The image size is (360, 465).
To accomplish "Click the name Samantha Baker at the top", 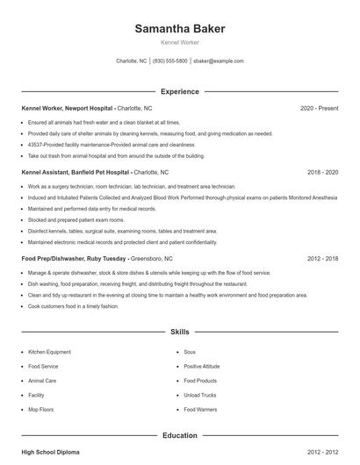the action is (180, 29).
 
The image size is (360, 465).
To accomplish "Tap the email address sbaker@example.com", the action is (218, 61).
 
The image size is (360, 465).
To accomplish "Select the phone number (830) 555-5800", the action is (170, 61).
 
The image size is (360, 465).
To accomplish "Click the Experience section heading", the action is (180, 91).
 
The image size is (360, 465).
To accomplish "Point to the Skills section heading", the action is (180, 333).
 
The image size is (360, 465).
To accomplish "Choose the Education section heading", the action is (180, 435).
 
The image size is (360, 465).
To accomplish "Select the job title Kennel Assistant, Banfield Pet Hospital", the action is (78, 173).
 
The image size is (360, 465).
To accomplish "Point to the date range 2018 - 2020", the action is (323, 173).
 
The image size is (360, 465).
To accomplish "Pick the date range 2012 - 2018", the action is (323, 259).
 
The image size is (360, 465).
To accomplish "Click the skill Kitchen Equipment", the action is (49, 351).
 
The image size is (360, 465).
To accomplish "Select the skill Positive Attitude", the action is (201, 366).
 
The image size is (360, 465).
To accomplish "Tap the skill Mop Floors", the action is (41, 410).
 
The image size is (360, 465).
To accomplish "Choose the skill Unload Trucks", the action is (199, 396).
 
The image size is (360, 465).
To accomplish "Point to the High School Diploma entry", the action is (51, 453).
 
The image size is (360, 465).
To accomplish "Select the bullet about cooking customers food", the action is (73, 306).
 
